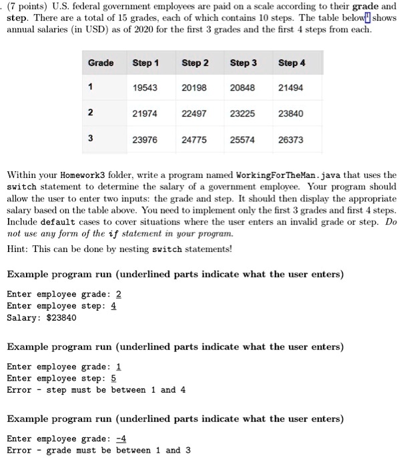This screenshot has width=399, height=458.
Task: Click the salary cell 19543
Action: coord(145,87)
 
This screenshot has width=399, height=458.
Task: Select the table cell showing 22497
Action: coord(195,113)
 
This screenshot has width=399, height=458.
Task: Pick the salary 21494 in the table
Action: coord(292,87)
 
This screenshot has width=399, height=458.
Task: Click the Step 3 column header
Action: coord(244,63)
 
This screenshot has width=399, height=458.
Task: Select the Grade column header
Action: coord(101,63)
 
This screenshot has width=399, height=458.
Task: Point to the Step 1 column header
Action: coord(145,63)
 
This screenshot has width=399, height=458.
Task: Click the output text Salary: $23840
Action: coord(41,317)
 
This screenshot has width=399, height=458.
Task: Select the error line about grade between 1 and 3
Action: coord(98,450)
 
